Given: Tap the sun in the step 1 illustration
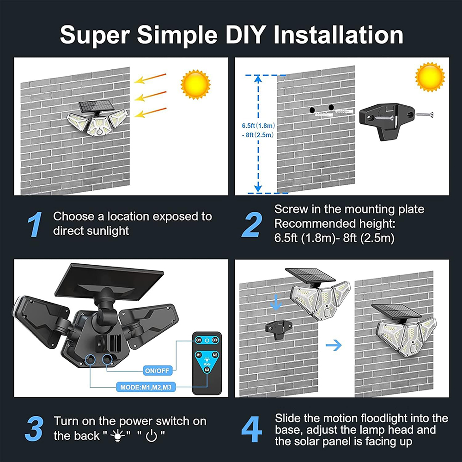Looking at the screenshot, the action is tap(195, 85).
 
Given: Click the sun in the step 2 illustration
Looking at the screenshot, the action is tap(430, 77).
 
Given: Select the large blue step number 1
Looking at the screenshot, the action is tap(35, 224).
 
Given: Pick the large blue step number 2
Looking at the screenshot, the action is tap(252, 224).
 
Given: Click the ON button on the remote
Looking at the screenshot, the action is tap(198, 340).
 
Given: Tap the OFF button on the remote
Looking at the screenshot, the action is tap(215, 340).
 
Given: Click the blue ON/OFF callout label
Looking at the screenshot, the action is tap(158, 371).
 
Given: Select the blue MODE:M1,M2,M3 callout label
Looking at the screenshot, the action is tap(146, 387).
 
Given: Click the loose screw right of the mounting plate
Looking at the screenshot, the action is tap(424, 114).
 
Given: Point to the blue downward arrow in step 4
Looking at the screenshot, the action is tap(275, 302).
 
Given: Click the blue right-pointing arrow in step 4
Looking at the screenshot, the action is tap(334, 345).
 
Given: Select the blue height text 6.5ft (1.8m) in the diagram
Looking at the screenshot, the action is tap(258, 126).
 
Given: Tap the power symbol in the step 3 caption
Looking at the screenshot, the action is tap(152, 436).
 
